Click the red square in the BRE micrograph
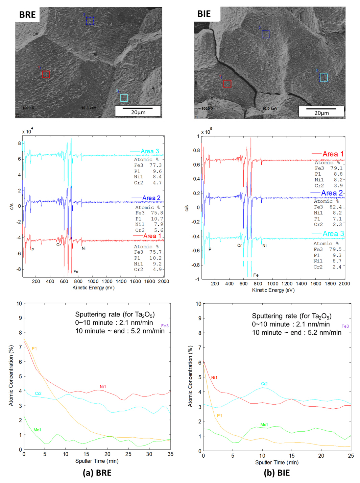[x=46, y=74]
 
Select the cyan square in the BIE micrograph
[x=323, y=78]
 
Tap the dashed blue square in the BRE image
[x=90, y=21]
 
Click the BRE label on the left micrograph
[x=27, y=15]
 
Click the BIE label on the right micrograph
[x=204, y=14]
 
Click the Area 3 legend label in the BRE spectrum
[x=150, y=151]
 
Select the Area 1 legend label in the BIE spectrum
[x=333, y=154]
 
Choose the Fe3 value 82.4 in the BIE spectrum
[x=336, y=207]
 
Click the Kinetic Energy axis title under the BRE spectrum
[x=93, y=288]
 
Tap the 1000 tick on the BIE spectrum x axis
[x=273, y=284]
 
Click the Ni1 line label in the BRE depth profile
[x=103, y=387]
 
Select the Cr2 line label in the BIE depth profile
[x=264, y=384]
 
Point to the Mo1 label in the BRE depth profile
[x=37, y=430]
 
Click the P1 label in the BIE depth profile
[x=220, y=416]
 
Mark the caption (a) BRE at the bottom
[x=97, y=473]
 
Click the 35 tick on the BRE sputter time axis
[x=170, y=454]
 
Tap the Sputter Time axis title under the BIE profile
[x=277, y=462]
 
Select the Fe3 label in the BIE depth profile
[x=345, y=326]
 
